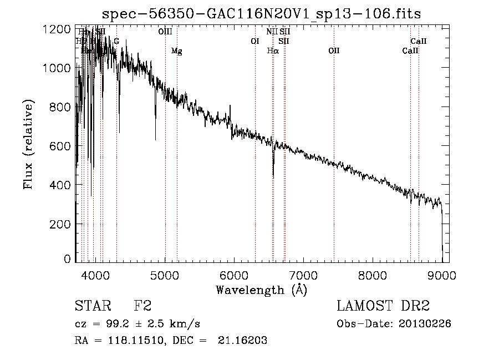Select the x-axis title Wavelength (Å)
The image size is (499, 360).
pos(261,290)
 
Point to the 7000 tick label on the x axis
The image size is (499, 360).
pos(303,275)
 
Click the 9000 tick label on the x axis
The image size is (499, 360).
pos(442,275)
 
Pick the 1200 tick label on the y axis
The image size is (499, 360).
pos(57,29)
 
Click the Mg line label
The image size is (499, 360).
pos(176,51)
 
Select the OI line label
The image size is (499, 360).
pos(255,41)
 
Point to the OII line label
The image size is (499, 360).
pos(334,51)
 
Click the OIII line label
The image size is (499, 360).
pos(165,32)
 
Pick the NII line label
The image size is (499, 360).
pos(272,32)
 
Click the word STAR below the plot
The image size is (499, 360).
pos(92,307)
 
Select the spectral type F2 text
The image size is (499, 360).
pos(142,307)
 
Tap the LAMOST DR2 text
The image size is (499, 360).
pos(383,307)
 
